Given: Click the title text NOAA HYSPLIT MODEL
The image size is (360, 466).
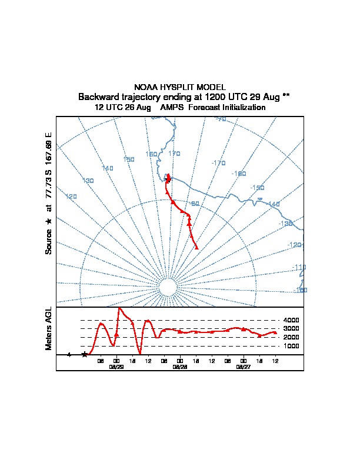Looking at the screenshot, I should click(x=179, y=87).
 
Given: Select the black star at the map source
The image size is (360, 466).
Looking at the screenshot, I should click(x=168, y=179).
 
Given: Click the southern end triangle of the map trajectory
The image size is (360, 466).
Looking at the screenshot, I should click(x=196, y=247).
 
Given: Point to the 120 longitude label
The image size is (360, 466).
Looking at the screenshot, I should click(x=71, y=197).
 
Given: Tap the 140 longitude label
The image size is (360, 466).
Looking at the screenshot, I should click(x=107, y=169).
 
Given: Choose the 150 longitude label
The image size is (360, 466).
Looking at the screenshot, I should click(x=129, y=159).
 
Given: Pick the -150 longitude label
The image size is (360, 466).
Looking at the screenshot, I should click(x=257, y=188).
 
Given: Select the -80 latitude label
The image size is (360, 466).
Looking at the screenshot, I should click(x=195, y=204).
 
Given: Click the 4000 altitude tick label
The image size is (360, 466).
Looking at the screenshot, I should click(x=292, y=320).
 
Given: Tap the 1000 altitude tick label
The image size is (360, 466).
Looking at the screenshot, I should click(x=292, y=347).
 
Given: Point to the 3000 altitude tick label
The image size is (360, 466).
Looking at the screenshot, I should click(x=292, y=329).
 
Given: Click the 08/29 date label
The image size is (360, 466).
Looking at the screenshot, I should click(x=116, y=366).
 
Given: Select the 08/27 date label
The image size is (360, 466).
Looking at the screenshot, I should click(x=243, y=366).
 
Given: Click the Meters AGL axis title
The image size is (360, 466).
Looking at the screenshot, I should click(x=49, y=328).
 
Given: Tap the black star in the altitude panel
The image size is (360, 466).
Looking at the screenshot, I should click(x=85, y=354).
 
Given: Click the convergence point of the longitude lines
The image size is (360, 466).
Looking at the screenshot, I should click(x=168, y=288).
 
